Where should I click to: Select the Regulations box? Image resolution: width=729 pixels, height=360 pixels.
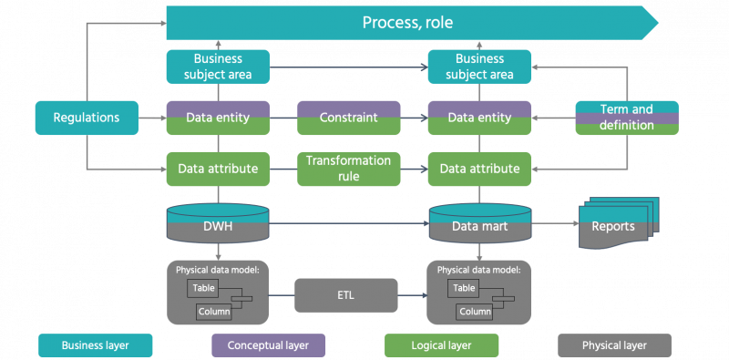click(x=87, y=118)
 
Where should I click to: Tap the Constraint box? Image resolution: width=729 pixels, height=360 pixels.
click(x=348, y=118)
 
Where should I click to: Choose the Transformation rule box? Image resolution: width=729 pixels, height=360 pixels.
click(x=348, y=169)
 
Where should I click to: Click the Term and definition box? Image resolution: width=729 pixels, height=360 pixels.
click(x=627, y=118)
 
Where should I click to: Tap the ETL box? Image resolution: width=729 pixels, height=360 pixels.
click(x=346, y=296)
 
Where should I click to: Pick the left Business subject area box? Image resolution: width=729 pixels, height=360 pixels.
click(x=218, y=67)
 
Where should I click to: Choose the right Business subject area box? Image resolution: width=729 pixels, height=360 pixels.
click(x=479, y=67)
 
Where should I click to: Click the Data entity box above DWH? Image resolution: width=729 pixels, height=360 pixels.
click(x=218, y=118)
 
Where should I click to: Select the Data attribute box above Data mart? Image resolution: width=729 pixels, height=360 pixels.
click(x=479, y=169)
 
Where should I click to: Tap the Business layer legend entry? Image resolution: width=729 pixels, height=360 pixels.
click(x=95, y=345)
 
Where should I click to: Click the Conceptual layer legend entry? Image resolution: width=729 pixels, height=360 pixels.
click(x=268, y=345)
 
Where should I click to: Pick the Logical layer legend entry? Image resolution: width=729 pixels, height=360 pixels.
click(x=441, y=345)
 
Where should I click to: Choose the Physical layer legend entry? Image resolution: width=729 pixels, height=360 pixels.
click(x=614, y=345)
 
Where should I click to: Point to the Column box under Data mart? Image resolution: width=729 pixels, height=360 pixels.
click(x=474, y=312)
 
